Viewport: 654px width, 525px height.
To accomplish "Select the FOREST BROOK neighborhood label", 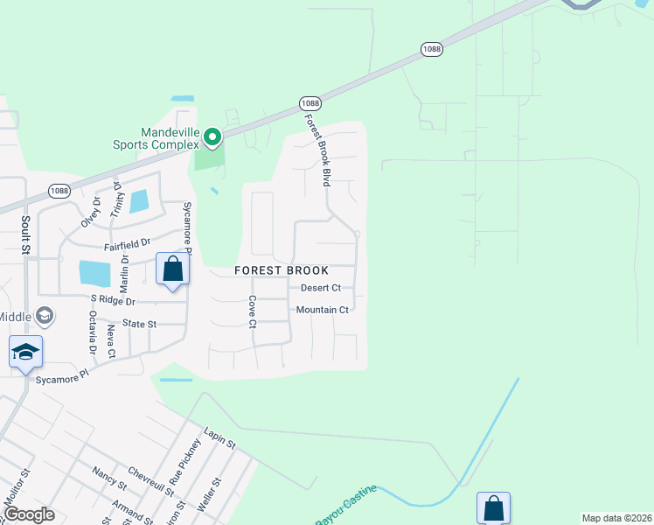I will pos(281,271).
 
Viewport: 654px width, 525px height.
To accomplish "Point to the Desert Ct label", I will pos(320,288).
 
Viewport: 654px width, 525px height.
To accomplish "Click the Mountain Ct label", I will pos(322,310).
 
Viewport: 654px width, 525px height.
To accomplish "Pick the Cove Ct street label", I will pos(252,311).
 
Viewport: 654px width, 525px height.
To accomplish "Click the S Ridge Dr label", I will pos(114,300).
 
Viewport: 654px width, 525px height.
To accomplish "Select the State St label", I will pos(139,324).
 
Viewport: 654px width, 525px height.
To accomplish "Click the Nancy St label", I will pos(109,477).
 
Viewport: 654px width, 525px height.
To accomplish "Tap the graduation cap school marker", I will pos(25,353).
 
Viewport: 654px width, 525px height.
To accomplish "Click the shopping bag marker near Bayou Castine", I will pos(493,507).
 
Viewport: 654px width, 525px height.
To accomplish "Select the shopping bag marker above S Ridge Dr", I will pos(172,268).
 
